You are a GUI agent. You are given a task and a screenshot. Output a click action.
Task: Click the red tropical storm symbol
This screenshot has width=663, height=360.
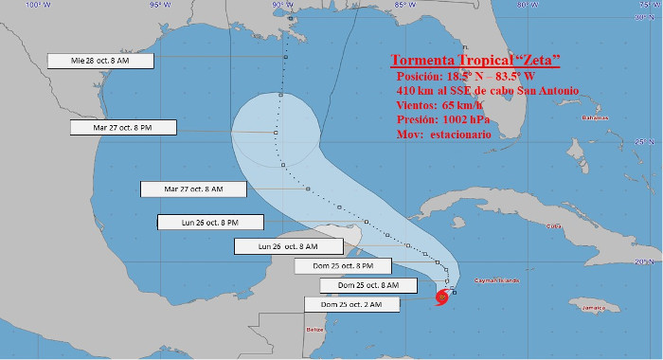(x=442, y=299)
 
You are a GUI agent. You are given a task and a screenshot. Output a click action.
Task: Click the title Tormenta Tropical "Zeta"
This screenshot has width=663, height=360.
(x=476, y=61)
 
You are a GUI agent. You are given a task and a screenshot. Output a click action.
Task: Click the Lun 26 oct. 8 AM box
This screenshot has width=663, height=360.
(x=274, y=246)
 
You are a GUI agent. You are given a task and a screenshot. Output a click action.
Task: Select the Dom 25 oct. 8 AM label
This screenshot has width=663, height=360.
(x=360, y=284)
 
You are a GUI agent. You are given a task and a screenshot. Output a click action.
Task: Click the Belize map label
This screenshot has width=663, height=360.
(x=315, y=330)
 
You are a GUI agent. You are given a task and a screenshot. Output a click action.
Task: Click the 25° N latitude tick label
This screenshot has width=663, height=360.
(x=649, y=142)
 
